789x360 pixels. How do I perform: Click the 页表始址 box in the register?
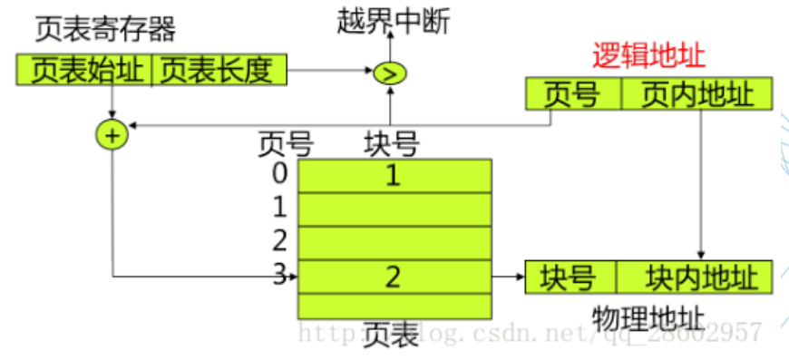[x=86, y=70]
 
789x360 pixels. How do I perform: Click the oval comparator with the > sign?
[x=390, y=73]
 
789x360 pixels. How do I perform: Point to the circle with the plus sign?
[x=112, y=136]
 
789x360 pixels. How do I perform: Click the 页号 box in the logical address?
[x=572, y=94]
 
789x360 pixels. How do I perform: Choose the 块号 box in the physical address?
[x=569, y=277]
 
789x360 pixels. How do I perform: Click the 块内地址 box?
[x=695, y=277]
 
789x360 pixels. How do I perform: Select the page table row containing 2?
[x=394, y=277]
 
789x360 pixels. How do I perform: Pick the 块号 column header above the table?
[x=391, y=143]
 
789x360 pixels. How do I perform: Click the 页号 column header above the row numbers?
[x=285, y=143]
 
